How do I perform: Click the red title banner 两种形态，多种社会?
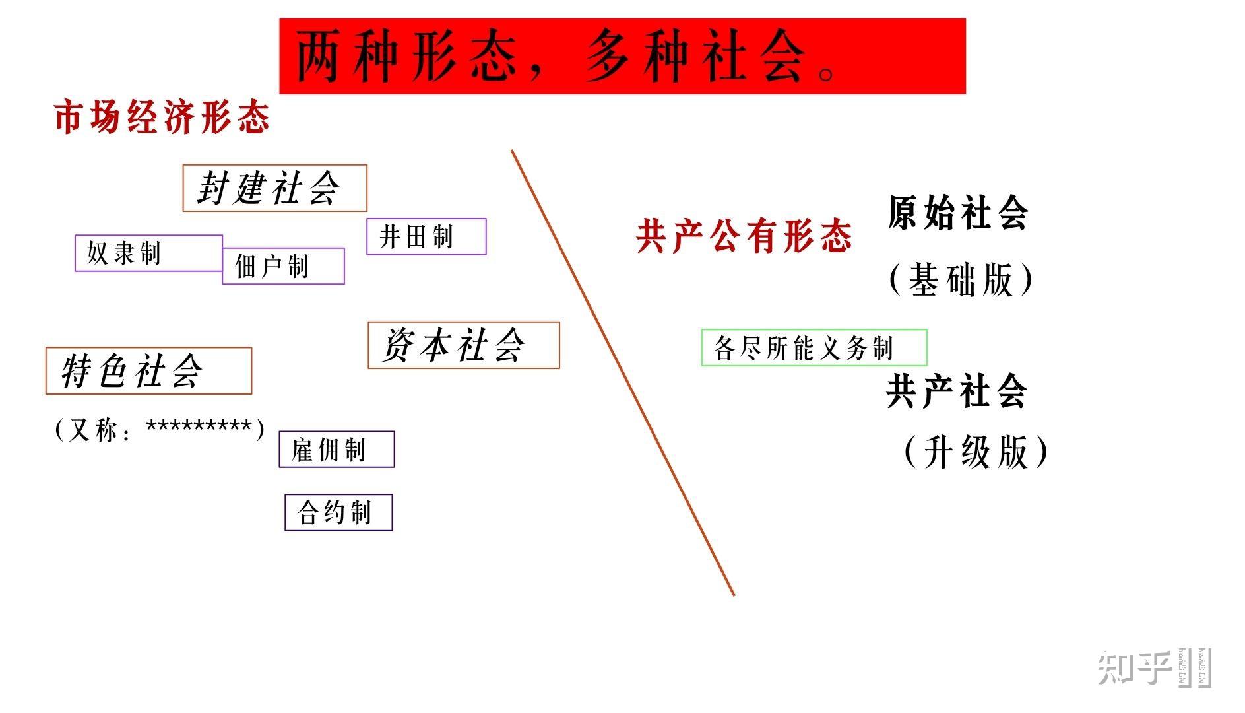pos(622,56)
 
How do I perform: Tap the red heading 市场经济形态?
pos(162,118)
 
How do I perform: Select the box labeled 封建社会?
pos(274,188)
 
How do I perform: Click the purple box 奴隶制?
pos(148,253)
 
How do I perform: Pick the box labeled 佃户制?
pos(283,266)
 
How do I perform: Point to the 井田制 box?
pos(426,236)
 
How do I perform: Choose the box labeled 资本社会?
pos(463,345)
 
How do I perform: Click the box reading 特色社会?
pos(148,370)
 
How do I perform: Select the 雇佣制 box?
pos(336,450)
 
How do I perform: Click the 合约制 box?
pos(338,512)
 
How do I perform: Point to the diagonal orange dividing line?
pos(623,373)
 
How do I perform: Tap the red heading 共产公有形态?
pos(744,236)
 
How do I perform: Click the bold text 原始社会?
pos(957,213)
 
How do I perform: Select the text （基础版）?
pos(961,279)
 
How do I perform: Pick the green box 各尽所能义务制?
pos(814,347)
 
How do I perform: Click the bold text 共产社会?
pos(957,391)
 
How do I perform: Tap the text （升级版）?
pos(975,452)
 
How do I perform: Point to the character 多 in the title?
pos(606,56)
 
